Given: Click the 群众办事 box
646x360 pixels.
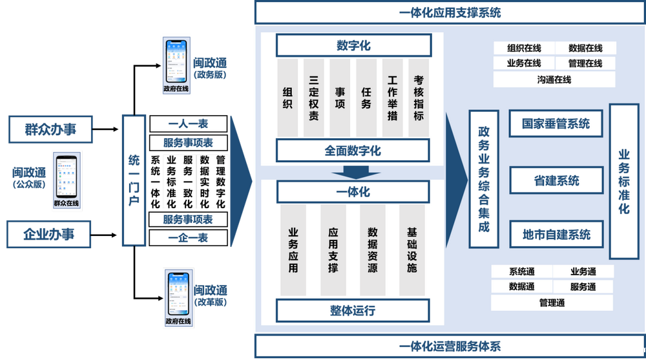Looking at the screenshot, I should pos(50,129).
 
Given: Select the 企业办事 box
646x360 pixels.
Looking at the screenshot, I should pos(49,234).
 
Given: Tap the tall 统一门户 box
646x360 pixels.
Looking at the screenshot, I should pos(134,180).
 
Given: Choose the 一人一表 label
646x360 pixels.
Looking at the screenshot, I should pos(188,123).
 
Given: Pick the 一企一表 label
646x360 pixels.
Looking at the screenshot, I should pos(188,238).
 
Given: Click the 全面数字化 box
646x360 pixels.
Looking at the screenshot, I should pos(353,151).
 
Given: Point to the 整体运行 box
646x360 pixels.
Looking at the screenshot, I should pos(353,311).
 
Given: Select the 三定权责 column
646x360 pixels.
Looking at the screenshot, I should pos(314,98).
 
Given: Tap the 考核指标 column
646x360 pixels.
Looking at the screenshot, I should pos(419,98).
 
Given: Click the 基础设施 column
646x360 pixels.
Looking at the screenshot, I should pos(412,249).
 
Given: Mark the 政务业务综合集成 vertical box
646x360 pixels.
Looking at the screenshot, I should pos(484,178).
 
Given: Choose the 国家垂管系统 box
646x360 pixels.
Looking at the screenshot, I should pos(556,123).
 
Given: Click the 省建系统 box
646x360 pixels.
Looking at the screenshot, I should pos(556,180).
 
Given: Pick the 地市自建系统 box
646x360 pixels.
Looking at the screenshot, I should pos(556,235).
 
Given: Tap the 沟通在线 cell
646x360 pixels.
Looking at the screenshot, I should pos(554,79).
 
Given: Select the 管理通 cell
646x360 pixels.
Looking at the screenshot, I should pos(552,302).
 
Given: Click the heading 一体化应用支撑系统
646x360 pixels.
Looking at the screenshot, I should pos(450,12).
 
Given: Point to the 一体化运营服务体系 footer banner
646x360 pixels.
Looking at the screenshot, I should pos(450,346).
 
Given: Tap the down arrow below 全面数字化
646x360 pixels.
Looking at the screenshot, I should pos(352,172).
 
